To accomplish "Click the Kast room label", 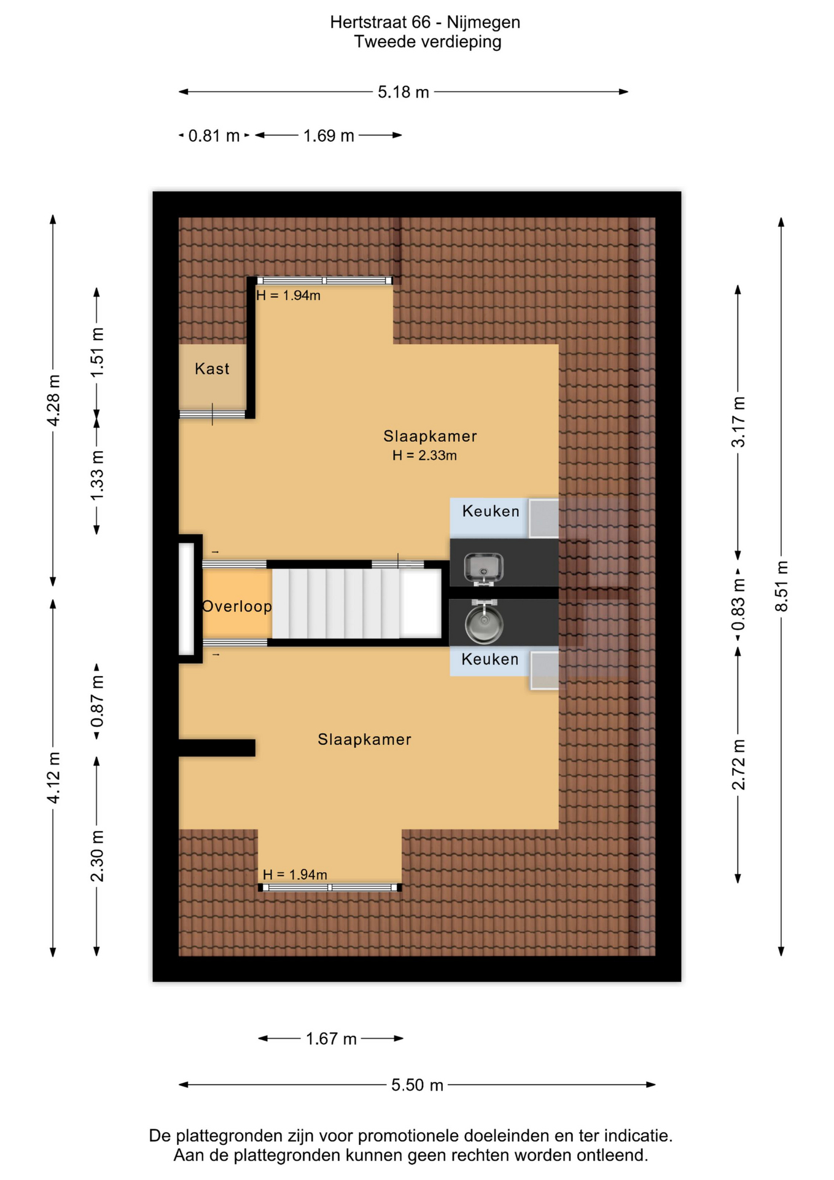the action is pos(212,369).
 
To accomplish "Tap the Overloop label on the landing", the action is pos(237,607).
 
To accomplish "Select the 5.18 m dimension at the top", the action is pos(403,92).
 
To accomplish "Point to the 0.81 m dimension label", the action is pos(214,136).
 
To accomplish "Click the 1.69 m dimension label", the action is pos(329,136).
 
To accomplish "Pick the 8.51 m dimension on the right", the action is pos(781,586).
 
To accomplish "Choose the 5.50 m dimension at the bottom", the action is pos(417,1085).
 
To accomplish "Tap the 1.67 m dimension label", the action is pos(331,1039).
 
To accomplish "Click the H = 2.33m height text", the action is pos(424,455).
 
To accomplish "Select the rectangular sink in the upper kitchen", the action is pos(483,567).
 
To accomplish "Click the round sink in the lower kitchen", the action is pos(484,623).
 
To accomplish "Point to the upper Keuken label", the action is pos(491,511).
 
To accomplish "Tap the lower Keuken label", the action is pos(490,659).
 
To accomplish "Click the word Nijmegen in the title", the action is pos(483,23).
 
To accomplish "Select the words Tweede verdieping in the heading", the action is pos(427,42).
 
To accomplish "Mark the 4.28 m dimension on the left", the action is pos(53,400).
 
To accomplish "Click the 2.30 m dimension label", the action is pos(97,855).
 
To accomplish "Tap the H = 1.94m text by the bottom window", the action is pos(295,875).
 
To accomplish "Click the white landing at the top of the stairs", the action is pos(420,604).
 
